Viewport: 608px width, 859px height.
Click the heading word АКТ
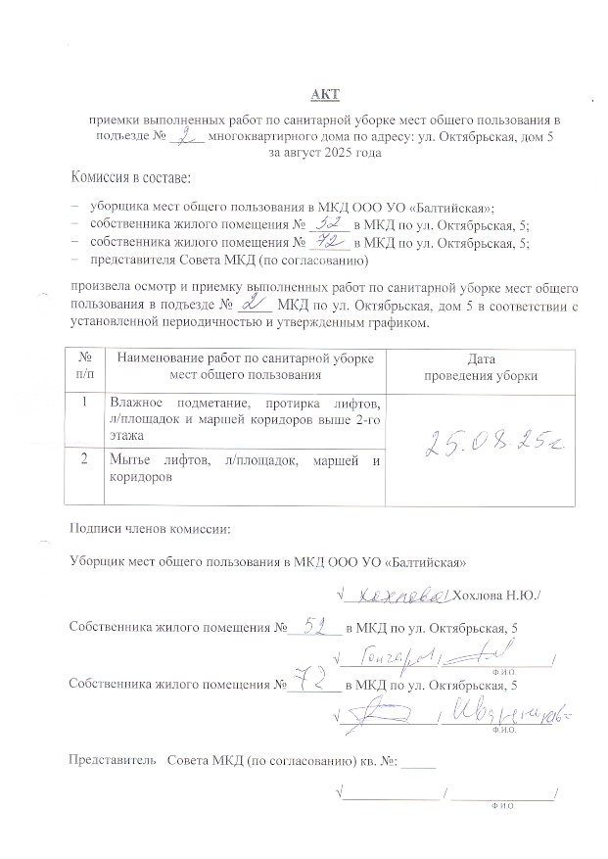[322, 94]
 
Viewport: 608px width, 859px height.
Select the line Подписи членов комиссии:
[149, 529]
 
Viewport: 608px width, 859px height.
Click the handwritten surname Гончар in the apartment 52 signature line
[388, 655]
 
